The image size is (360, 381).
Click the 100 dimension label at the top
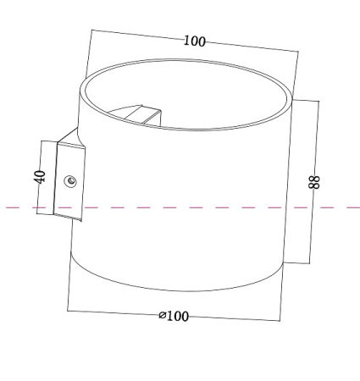point(194,41)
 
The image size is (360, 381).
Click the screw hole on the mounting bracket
point(70,179)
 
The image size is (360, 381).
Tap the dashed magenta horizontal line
point(25,207)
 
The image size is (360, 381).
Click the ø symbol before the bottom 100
point(163,316)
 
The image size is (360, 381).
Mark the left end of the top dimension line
point(91,32)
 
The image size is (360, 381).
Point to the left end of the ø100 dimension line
point(68,310)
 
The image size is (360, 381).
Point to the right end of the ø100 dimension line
point(282,321)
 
